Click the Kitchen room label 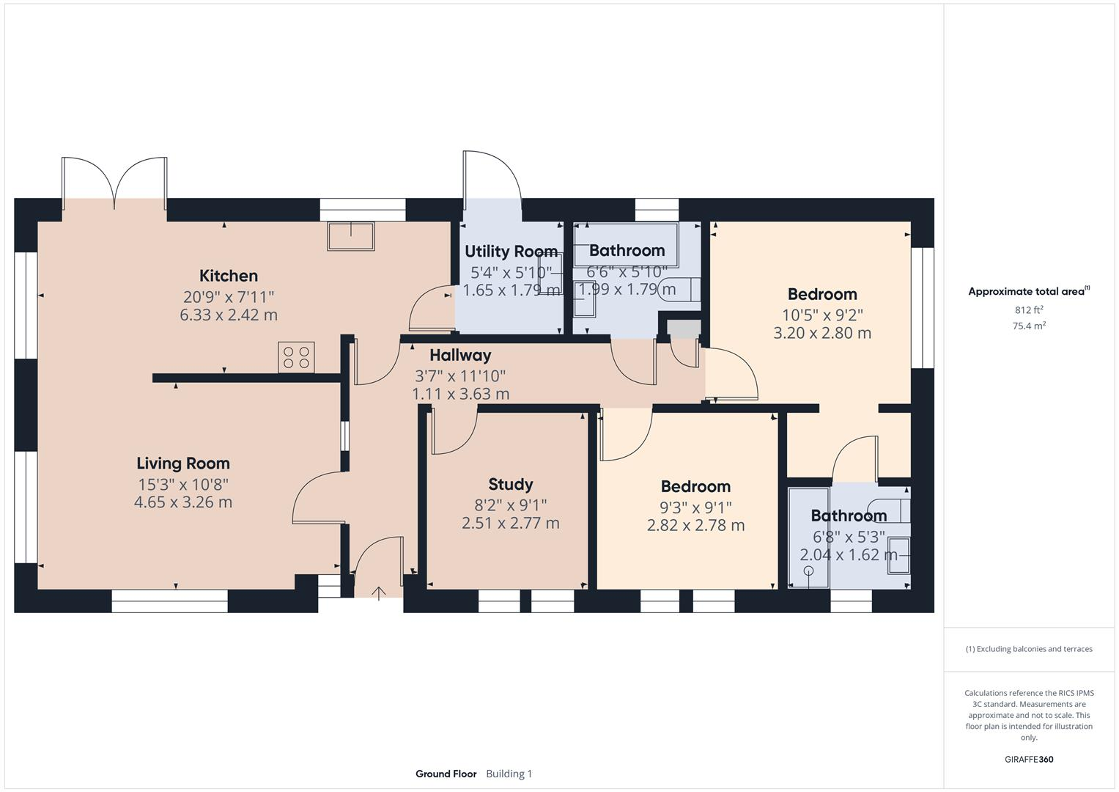[x=229, y=276]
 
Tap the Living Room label [x=183, y=463]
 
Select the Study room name [x=511, y=484]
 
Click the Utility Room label [x=511, y=252]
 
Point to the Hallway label [x=460, y=355]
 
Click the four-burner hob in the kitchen [x=296, y=357]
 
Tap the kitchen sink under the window [x=351, y=236]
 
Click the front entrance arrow [x=379, y=593]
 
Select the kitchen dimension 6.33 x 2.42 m [x=229, y=315]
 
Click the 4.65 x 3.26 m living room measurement [x=183, y=502]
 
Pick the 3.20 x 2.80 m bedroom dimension [x=822, y=333]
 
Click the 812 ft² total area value [x=1029, y=310]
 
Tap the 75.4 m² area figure [x=1029, y=326]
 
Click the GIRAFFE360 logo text [x=1029, y=759]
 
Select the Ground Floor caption [x=446, y=774]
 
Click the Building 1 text [x=509, y=774]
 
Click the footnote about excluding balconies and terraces [x=1029, y=649]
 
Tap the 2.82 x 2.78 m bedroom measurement [x=695, y=525]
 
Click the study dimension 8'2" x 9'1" [x=511, y=505]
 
